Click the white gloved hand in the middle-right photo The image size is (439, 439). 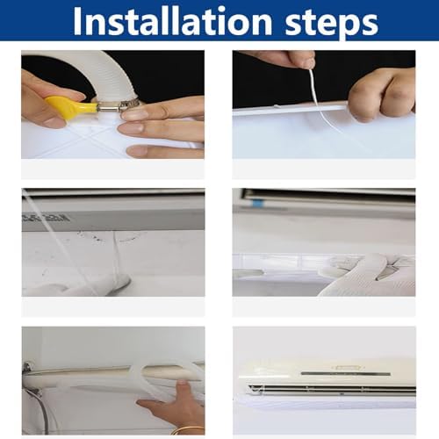369,274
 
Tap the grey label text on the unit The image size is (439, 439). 35,216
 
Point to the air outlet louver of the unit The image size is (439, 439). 325,388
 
